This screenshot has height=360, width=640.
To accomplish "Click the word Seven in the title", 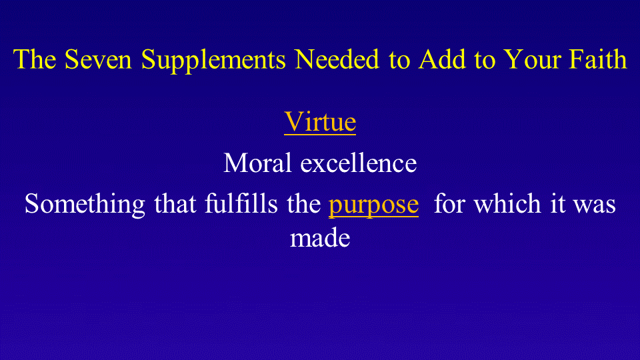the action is point(98,59).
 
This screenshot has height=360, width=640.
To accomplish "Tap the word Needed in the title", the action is point(337,59).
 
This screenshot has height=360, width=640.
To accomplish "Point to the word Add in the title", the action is point(442,59).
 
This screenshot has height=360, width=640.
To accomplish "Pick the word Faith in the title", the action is point(598,59).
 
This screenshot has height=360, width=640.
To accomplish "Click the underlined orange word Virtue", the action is point(320,121).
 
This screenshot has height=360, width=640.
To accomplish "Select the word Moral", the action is point(257,163).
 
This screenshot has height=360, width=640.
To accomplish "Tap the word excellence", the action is point(359,163).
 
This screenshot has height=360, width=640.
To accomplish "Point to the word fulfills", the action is point(241,203).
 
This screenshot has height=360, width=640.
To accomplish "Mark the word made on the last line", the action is point(320,237).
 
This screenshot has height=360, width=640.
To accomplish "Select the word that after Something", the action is point(175,203).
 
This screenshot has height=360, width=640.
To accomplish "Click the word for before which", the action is point(449,203).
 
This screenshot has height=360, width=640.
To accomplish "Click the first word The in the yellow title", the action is point(35,59).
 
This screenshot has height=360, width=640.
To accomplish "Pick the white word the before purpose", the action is point(304,203).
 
